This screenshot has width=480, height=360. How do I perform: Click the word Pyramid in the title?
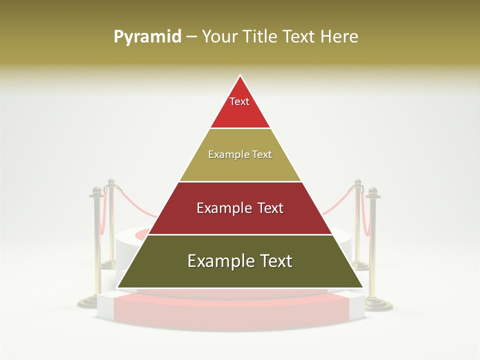pyautogui.click(x=147, y=37)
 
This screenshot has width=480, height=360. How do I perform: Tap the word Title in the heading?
pyautogui.click(x=262, y=37)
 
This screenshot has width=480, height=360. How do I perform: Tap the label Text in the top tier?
pyautogui.click(x=239, y=101)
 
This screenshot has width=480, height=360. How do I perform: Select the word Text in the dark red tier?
pyautogui.click(x=267, y=208)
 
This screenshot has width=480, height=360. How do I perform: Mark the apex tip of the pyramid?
pyautogui.click(x=240, y=76)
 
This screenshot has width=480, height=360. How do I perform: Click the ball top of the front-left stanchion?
pyautogui.click(x=96, y=191)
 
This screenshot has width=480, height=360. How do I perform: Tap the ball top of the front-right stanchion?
pyautogui.click(x=372, y=191)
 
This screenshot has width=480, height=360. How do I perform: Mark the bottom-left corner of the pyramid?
pyautogui.click(x=117, y=287)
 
